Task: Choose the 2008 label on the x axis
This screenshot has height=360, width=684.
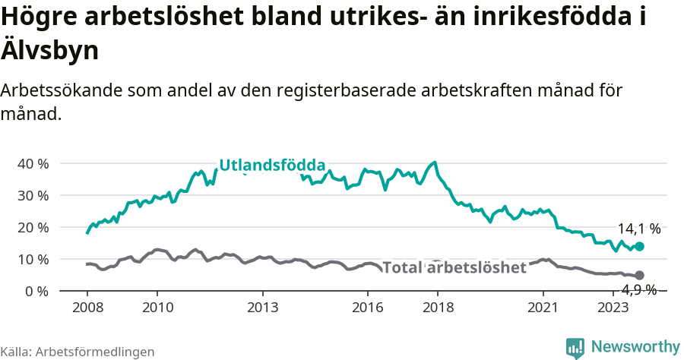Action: pos(87,308)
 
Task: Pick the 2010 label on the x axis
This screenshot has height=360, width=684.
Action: pos(157,308)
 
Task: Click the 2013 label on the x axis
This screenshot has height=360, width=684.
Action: pos(262,308)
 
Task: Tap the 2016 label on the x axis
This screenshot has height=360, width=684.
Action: pos(368,308)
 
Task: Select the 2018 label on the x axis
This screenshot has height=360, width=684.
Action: pos(438,308)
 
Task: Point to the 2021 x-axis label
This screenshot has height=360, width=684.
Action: pos(543,308)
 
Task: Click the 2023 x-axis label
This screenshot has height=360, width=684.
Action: pos(613,308)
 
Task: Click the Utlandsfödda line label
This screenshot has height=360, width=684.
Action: pos(272,166)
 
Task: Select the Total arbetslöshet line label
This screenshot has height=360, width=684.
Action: pos(454,267)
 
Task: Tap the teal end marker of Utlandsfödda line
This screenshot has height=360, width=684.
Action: pos(640,246)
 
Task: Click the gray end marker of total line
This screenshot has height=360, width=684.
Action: pos(640,275)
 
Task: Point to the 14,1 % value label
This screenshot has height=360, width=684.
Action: pos(638,229)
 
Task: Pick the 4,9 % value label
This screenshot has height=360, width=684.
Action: pos(638,289)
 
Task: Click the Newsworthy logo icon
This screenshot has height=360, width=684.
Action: pos(575,347)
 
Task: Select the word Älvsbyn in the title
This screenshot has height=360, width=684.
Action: pos(49,51)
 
